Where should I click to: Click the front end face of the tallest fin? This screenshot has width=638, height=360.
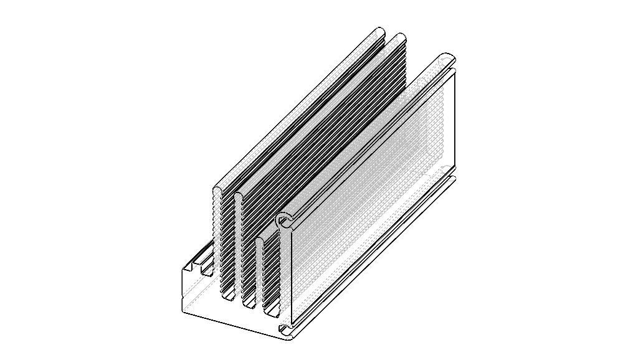click(217, 243)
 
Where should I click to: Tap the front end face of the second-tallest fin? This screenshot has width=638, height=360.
click(239, 249)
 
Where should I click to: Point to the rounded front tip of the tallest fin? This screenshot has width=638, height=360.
click(217, 190)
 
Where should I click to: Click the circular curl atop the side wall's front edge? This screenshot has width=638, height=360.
click(285, 220)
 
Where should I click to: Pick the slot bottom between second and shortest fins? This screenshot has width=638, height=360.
click(249, 305)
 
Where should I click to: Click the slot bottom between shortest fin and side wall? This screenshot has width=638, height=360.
click(272, 310)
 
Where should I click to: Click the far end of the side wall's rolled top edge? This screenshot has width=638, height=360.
click(448, 59)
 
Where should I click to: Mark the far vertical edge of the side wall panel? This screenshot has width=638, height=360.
click(455, 118)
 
